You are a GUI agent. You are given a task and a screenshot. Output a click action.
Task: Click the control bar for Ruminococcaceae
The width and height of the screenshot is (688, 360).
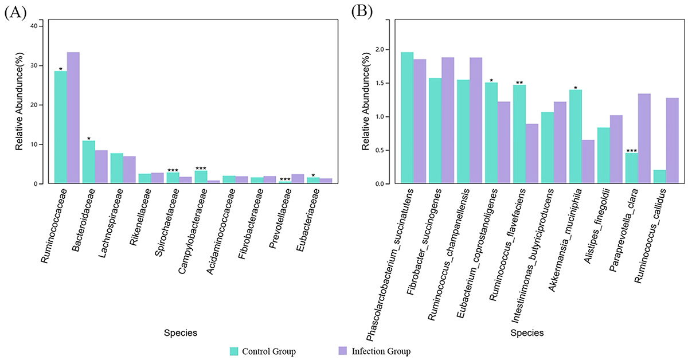[x=60, y=127]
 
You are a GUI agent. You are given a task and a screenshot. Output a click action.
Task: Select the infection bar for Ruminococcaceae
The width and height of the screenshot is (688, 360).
[x=73, y=118]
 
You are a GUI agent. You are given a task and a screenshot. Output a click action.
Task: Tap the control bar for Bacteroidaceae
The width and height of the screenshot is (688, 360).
[x=88, y=162]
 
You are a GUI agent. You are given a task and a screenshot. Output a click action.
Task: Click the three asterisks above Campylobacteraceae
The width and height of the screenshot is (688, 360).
[x=200, y=169]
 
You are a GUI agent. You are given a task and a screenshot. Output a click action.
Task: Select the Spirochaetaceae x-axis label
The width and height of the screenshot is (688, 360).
[x=165, y=218]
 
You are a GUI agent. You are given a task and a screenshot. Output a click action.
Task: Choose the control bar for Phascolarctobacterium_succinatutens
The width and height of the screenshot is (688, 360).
[x=407, y=118]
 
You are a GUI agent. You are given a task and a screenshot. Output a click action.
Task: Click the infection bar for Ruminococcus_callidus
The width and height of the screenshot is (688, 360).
[x=672, y=141]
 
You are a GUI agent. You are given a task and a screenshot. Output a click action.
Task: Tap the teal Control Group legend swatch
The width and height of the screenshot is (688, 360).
[x=234, y=351]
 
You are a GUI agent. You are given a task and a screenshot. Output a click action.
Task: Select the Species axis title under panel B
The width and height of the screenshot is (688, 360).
[x=527, y=332]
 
